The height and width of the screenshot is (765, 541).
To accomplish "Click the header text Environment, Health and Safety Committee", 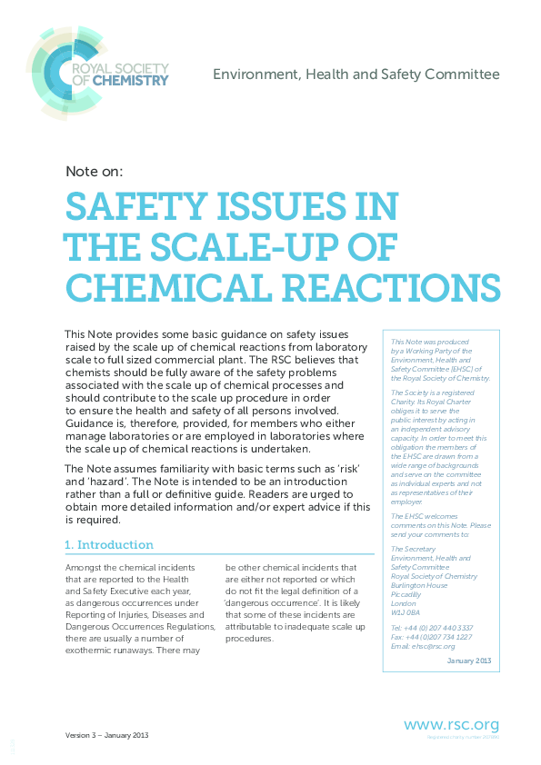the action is (x=356, y=74).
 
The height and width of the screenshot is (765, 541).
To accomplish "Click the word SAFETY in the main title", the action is (x=127, y=207).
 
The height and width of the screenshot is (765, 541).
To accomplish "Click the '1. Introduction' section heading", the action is (x=110, y=545).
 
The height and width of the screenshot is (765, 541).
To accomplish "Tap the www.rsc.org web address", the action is (x=451, y=724).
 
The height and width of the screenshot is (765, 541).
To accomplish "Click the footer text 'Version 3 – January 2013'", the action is (x=106, y=735).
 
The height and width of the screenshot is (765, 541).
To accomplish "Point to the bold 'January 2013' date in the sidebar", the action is (x=468, y=661).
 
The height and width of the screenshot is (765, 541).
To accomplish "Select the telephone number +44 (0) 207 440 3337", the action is (x=432, y=628).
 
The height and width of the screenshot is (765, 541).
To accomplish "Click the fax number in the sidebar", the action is (x=431, y=636).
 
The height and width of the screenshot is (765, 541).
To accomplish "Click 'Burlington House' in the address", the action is (x=417, y=585).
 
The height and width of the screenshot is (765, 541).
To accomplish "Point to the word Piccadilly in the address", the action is (x=406, y=593).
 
